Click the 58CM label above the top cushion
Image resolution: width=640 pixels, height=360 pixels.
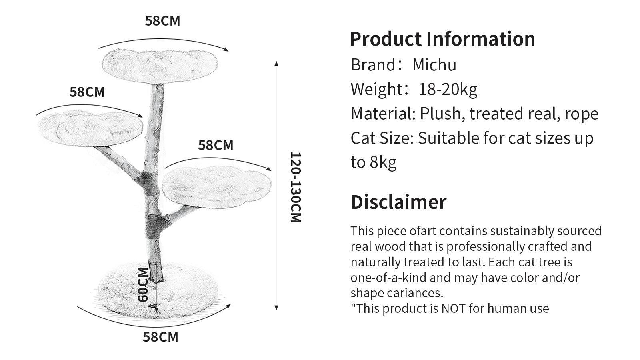tap(162, 21)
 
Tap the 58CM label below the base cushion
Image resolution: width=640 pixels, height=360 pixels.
tap(160, 337)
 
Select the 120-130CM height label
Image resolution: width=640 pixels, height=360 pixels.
tap(296, 187)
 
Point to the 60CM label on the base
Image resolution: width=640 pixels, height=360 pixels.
tap(143, 284)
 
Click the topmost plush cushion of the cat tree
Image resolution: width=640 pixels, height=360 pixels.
tap(160, 66)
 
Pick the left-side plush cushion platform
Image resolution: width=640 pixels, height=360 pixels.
tap(90, 128)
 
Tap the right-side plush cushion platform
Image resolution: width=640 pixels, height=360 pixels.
tap(216, 186)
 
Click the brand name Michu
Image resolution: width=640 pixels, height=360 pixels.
tap(434, 65)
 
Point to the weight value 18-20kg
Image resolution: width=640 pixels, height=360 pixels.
tap(448, 90)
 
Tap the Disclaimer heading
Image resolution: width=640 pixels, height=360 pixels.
tap(398, 202)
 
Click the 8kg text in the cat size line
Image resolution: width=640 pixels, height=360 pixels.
tap(383, 162)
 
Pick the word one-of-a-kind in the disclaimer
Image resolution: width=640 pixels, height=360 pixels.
tap(388, 278)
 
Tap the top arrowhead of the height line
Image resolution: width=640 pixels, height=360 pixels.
tap(276, 64)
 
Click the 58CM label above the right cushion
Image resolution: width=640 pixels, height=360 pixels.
tap(216, 145)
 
